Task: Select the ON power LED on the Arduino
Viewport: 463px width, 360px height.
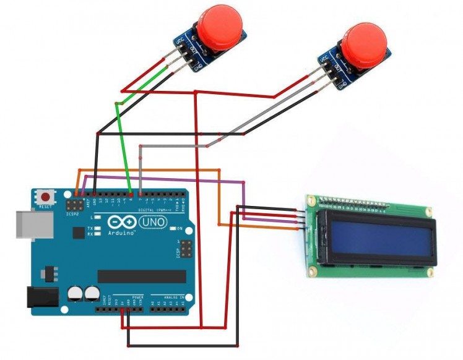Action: point(173,228)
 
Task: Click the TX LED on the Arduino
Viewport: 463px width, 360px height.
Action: point(98,226)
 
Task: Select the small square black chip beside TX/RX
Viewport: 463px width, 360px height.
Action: point(79,233)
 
